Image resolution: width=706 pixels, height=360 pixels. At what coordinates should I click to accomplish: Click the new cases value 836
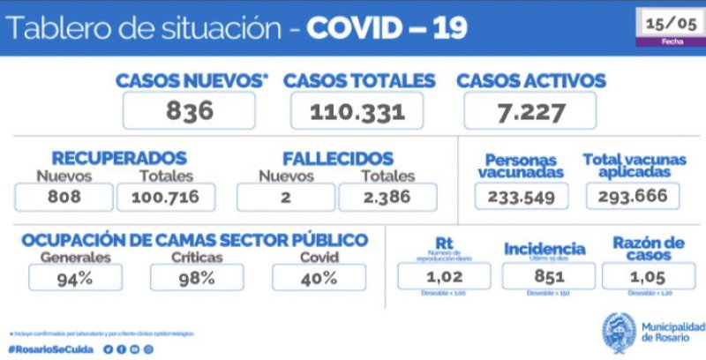pyautogui.click(x=189, y=111)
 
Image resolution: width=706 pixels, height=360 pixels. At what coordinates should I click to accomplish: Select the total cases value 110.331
pyautogui.click(x=357, y=112)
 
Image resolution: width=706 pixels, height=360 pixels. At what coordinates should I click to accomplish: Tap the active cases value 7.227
pyautogui.click(x=529, y=111)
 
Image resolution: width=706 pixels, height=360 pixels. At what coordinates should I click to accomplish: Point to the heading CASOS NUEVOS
pyautogui.click(x=192, y=81)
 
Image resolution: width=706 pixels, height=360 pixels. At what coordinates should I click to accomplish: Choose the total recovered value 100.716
pyautogui.click(x=167, y=197)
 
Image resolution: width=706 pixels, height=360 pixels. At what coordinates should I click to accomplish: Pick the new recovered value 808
pyautogui.click(x=64, y=197)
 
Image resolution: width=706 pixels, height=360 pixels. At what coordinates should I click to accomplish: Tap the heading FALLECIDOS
pyautogui.click(x=337, y=159)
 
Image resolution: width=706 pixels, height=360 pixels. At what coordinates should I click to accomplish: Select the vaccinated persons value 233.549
pyautogui.click(x=521, y=196)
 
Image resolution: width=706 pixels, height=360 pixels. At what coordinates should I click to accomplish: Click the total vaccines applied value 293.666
pyautogui.click(x=634, y=196)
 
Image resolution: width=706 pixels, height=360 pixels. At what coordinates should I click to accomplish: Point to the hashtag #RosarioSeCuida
pyautogui.click(x=51, y=349)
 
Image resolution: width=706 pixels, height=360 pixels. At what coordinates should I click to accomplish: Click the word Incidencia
pyautogui.click(x=545, y=249)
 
